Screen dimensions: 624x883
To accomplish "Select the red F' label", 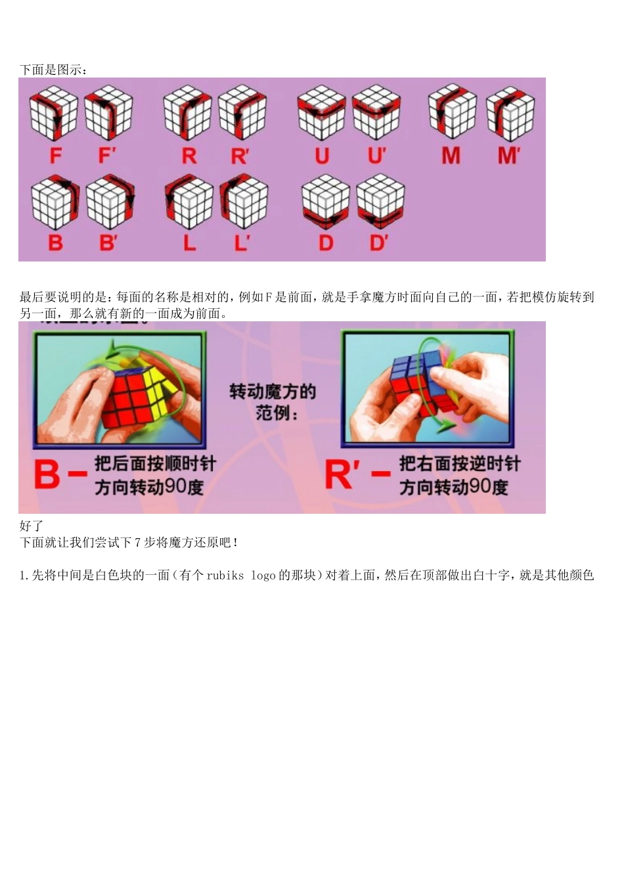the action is pyautogui.click(x=106, y=155).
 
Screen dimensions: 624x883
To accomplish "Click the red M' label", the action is pyautogui.click(x=508, y=155).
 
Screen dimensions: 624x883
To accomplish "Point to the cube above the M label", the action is pyautogui.click(x=452, y=111).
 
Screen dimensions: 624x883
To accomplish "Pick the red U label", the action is pyautogui.click(x=322, y=156).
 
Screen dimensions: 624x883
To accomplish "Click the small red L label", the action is pyautogui.click(x=190, y=242).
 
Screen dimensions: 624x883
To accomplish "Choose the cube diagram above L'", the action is pyautogui.click(x=244, y=201).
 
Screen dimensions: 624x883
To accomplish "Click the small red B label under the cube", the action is pyautogui.click(x=56, y=242).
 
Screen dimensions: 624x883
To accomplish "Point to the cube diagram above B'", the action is pyautogui.click(x=110, y=202).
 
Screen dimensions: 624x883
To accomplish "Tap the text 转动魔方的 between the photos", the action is pyautogui.click(x=273, y=392).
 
